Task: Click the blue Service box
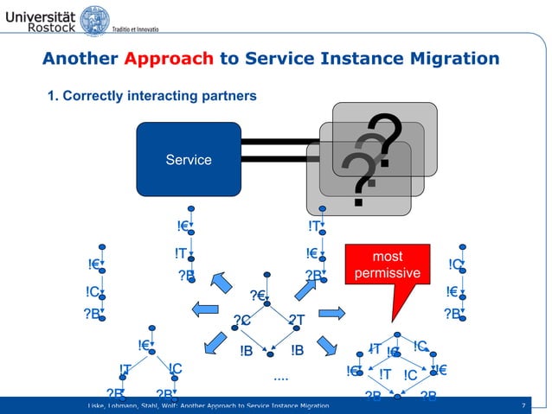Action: (x=189, y=159)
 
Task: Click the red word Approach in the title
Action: (x=168, y=59)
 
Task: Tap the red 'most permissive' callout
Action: (x=387, y=265)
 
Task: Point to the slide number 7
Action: (x=523, y=405)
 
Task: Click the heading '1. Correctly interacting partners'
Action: (x=152, y=95)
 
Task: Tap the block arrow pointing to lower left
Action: (x=213, y=345)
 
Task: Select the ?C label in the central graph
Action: (x=241, y=322)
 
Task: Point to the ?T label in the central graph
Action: (x=297, y=322)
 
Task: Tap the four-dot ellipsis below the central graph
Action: (x=280, y=377)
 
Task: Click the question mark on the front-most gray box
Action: (x=357, y=178)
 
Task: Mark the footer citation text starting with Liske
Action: (x=208, y=405)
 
